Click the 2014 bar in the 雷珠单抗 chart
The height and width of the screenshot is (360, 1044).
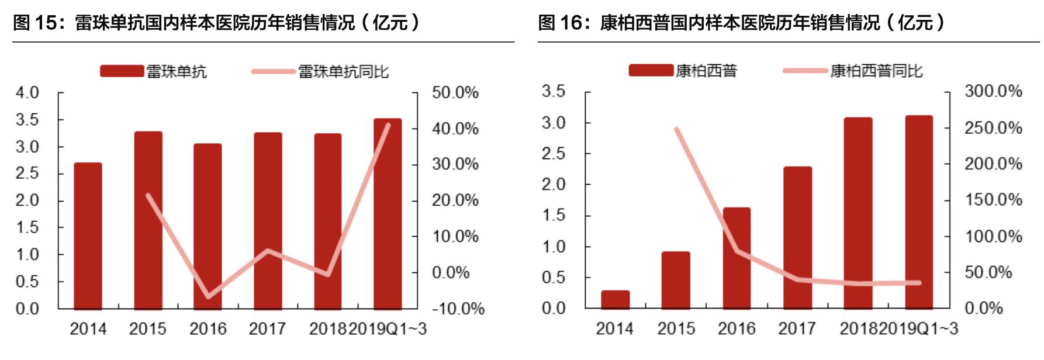(x=88, y=236)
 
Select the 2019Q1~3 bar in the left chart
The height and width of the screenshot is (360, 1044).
(x=388, y=213)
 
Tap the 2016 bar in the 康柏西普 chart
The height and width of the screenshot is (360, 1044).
(x=737, y=257)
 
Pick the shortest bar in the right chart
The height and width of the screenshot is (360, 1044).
(x=615, y=299)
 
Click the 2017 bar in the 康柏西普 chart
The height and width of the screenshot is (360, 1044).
(x=797, y=237)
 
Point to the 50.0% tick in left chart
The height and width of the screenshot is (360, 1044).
(x=455, y=92)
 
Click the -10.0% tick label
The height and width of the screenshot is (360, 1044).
(x=458, y=309)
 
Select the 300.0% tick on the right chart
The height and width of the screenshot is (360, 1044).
(x=993, y=91)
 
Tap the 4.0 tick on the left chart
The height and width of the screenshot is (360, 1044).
(x=27, y=92)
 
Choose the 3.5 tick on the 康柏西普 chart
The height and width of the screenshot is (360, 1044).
(x=553, y=91)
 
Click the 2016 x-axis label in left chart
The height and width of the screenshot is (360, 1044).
(x=208, y=329)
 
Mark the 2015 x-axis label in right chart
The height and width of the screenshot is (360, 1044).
(x=676, y=329)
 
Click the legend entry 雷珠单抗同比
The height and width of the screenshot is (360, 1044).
(x=343, y=72)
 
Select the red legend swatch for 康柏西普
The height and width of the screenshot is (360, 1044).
(x=650, y=71)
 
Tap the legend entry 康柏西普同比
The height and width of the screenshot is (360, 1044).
(x=876, y=71)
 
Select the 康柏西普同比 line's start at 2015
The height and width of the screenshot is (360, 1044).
(x=676, y=129)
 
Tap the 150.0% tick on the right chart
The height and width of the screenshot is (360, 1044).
(x=993, y=200)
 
